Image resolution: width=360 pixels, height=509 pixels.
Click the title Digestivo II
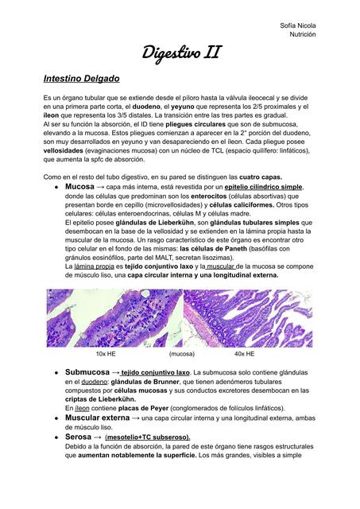pyautogui.click(x=181, y=53)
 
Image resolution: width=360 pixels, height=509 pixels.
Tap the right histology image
pyautogui.click(x=249, y=317)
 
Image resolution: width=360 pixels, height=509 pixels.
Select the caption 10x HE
pyautogui.click(x=107, y=352)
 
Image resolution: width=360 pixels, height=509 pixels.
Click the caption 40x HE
pyautogui.click(x=244, y=352)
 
